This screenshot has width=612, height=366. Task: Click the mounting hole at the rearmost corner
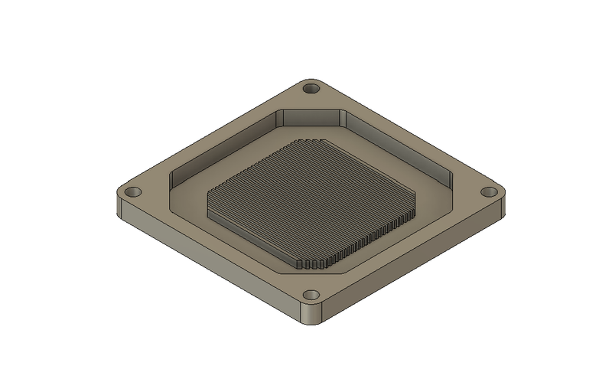click(x=311, y=89)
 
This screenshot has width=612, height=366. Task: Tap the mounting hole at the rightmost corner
click(x=488, y=192)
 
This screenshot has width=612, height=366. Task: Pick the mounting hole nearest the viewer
click(x=311, y=295)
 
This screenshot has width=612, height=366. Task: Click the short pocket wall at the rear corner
click(x=311, y=118)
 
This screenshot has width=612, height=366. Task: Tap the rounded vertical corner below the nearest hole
click(x=311, y=315)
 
